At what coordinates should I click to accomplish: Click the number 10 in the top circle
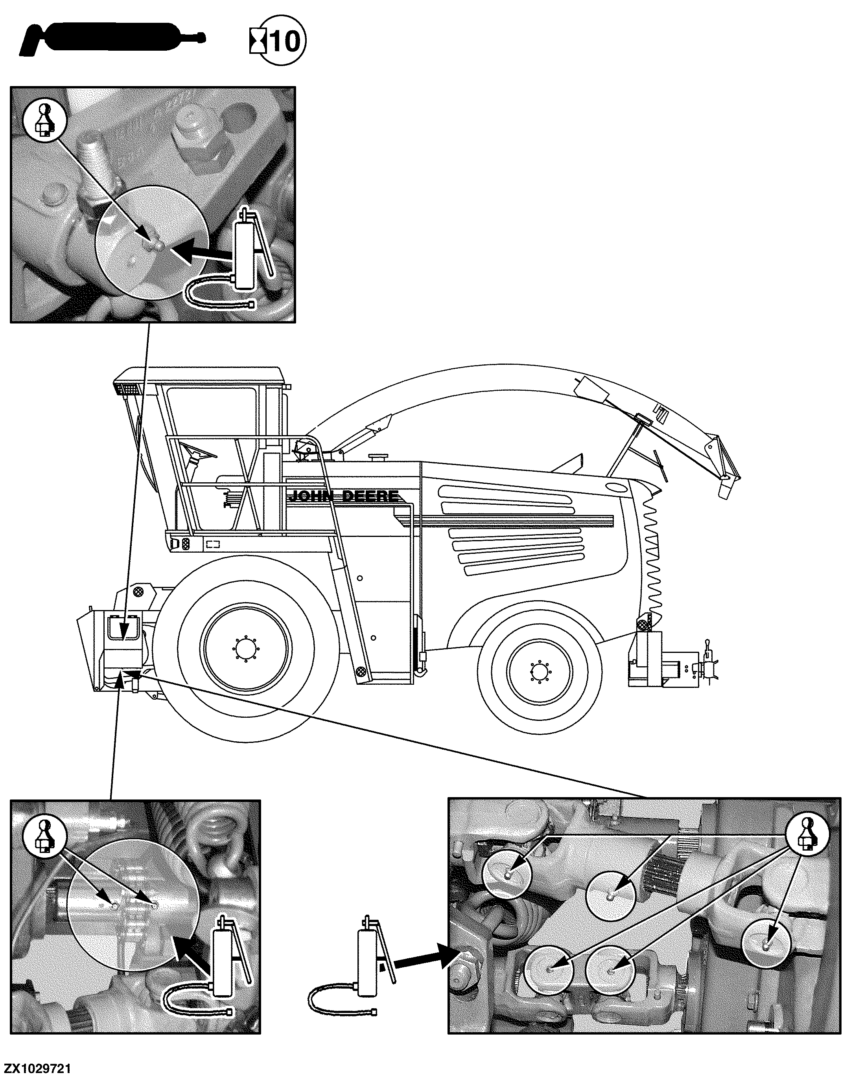pos(284,41)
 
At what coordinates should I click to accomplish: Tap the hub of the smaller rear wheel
pos(538,672)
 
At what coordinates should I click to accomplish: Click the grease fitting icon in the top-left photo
pos(45,121)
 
